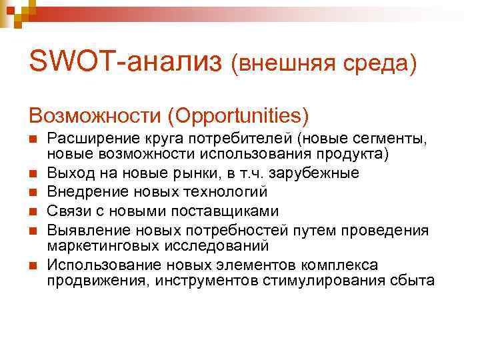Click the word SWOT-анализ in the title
point(125,63)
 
